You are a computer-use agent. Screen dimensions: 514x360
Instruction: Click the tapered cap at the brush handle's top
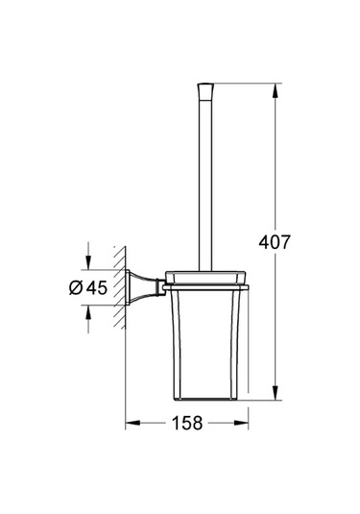coord(204,94)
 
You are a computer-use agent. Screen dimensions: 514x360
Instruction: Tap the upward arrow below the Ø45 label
coord(88,310)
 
